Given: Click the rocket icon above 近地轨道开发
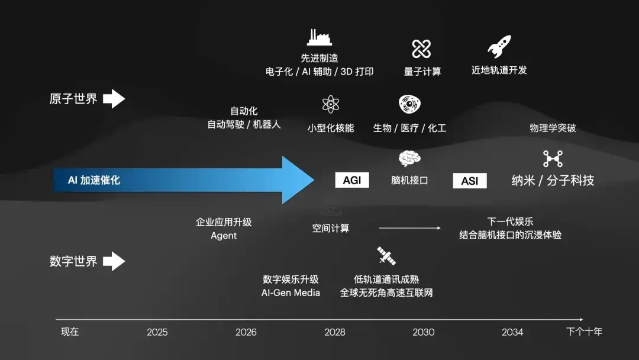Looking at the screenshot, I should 499,47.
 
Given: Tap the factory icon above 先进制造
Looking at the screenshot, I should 319,37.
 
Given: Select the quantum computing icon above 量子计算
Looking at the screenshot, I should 421,49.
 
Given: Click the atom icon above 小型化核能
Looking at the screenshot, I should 331,104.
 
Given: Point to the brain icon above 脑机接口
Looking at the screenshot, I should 409,158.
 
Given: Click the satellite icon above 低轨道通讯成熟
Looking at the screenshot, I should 386,256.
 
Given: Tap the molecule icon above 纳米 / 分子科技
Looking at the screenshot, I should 553,159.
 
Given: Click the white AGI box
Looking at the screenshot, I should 352,180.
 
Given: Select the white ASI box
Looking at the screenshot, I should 470,181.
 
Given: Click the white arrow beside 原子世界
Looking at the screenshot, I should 114,99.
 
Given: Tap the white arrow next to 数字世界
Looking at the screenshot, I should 114,261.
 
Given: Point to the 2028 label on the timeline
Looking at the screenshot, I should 335,332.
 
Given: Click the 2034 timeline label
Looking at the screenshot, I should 512,332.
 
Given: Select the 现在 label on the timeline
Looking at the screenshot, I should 70,332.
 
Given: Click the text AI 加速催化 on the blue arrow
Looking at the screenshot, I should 94,180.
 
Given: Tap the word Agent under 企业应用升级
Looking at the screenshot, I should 224,236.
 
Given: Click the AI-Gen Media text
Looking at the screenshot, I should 291,292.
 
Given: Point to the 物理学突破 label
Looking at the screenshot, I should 553,128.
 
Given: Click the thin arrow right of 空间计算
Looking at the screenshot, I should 409,228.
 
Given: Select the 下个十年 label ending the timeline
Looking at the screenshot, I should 584,332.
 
